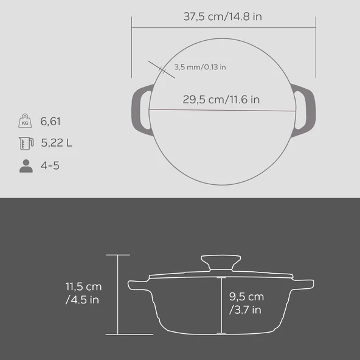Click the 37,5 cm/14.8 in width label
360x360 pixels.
tap(223, 16)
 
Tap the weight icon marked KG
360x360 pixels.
tap(26, 122)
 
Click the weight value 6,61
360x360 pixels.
tap(51, 122)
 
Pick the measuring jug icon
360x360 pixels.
tap(26, 144)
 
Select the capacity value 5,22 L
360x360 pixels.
tap(57, 144)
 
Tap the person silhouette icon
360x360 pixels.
tap(26, 165)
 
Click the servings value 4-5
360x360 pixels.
tap(50, 165)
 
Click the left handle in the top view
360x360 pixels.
tap(140, 110)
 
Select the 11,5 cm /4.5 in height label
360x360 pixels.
tap(84, 292)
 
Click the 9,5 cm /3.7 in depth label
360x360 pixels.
tap(246, 303)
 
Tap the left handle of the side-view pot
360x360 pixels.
tap(139, 284)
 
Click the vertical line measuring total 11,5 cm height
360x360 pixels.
tap(117, 294)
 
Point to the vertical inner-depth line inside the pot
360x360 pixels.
tap(223, 304)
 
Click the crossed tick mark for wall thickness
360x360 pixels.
tap(156, 67)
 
